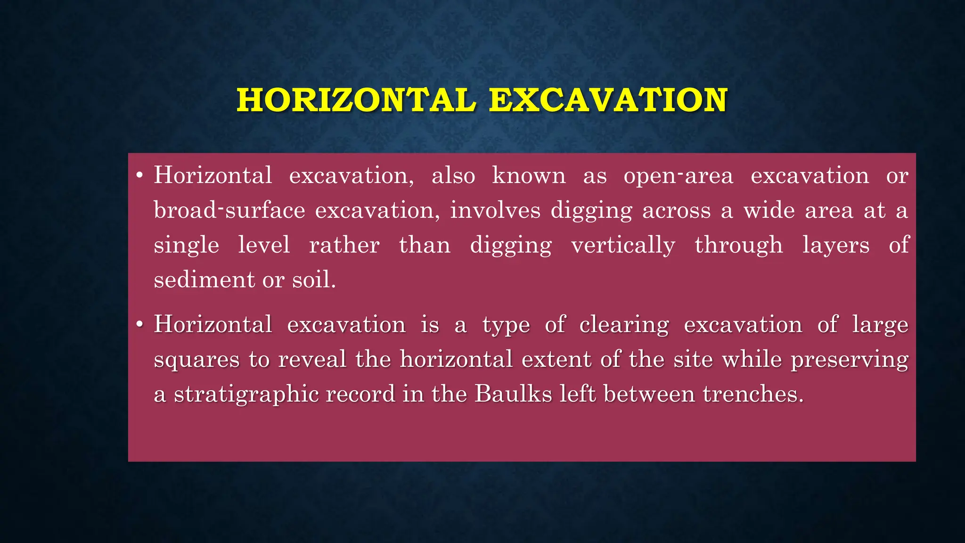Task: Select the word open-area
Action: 679,176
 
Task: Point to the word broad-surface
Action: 229,210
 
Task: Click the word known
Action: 529,176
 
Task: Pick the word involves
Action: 495,210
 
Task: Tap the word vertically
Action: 623,245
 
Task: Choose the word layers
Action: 836,245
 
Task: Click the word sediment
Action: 204,280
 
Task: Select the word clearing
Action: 624,325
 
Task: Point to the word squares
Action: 196,360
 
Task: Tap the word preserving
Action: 850,360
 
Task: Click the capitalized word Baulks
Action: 513,394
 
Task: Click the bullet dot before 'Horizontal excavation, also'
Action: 139,176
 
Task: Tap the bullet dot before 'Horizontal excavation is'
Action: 139,325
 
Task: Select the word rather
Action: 344,245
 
